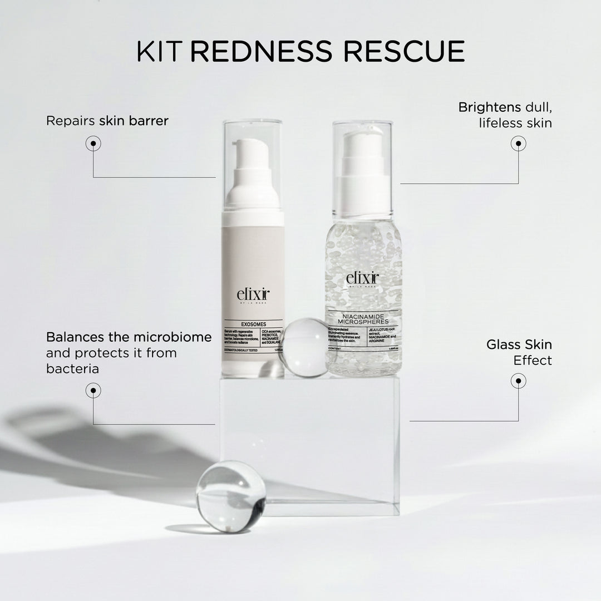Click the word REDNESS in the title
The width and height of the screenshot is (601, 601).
261,51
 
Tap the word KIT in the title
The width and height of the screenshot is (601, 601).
161,51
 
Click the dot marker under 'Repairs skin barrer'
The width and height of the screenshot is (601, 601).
93,144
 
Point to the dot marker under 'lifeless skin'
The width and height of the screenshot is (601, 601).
518,144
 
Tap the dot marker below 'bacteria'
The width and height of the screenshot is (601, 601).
93,391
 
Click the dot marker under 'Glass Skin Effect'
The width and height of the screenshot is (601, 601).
518,381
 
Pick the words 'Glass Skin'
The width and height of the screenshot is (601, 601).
519,344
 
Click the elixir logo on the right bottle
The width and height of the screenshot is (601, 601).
362,278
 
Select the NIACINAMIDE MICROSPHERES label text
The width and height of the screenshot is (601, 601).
363,321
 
